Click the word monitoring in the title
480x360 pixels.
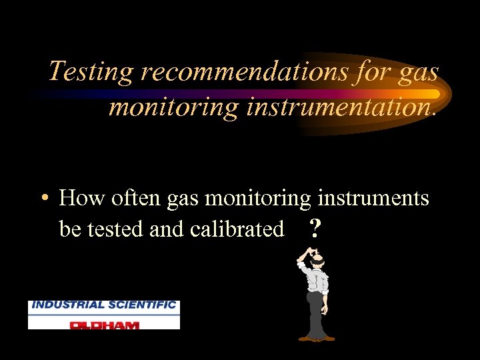coord(173,107)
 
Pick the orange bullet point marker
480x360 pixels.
coord(43,199)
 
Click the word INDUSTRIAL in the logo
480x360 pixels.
coord(67,305)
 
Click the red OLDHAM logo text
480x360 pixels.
coord(104,324)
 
